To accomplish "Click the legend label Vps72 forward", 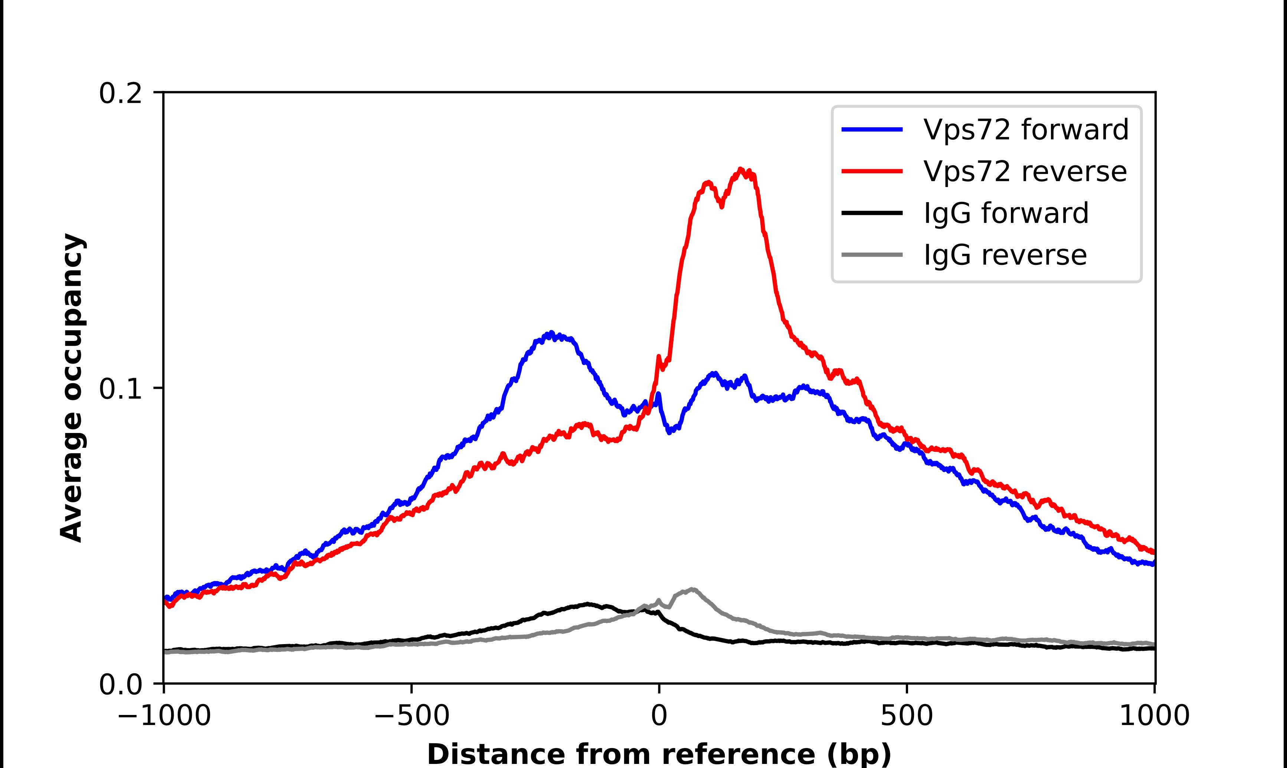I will tap(1026, 129).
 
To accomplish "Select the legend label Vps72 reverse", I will tap(1025, 171).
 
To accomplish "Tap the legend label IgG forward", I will tap(1006, 213).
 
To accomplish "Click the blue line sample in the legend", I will tap(872, 129).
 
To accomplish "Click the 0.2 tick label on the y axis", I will tap(120, 93).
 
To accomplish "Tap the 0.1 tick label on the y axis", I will tap(120, 389).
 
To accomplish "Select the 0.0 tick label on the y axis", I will tap(120, 684).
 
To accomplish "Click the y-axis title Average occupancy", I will tap(71, 388).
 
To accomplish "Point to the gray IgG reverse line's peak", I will tap(692, 589).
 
